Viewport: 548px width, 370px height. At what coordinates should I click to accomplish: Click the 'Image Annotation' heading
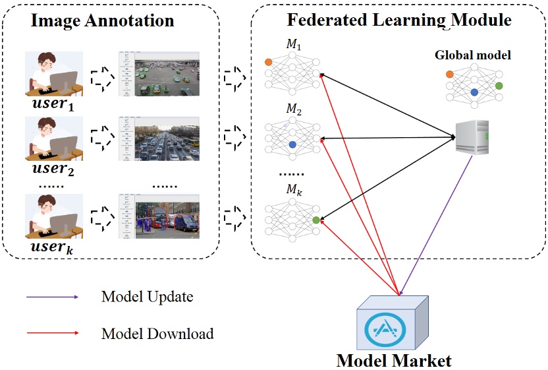point(103,20)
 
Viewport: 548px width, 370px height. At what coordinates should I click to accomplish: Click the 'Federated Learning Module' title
point(399,20)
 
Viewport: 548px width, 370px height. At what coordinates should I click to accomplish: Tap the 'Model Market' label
point(394,360)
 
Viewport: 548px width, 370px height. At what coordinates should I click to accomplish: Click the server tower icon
point(473,137)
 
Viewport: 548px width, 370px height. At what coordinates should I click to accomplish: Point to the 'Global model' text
point(472,55)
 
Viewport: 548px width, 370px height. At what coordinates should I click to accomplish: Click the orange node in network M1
point(268,62)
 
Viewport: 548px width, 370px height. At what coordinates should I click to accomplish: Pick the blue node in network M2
point(292,144)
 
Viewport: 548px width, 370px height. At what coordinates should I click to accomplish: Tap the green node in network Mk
point(317,220)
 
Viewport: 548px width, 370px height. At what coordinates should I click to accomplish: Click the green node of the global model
point(499,86)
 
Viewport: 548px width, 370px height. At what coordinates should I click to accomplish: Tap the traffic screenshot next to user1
point(159,74)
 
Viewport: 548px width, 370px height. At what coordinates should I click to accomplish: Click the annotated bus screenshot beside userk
point(159,215)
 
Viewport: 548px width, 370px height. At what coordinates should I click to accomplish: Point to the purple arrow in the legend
point(52,297)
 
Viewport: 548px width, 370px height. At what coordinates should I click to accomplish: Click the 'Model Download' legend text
point(157,334)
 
